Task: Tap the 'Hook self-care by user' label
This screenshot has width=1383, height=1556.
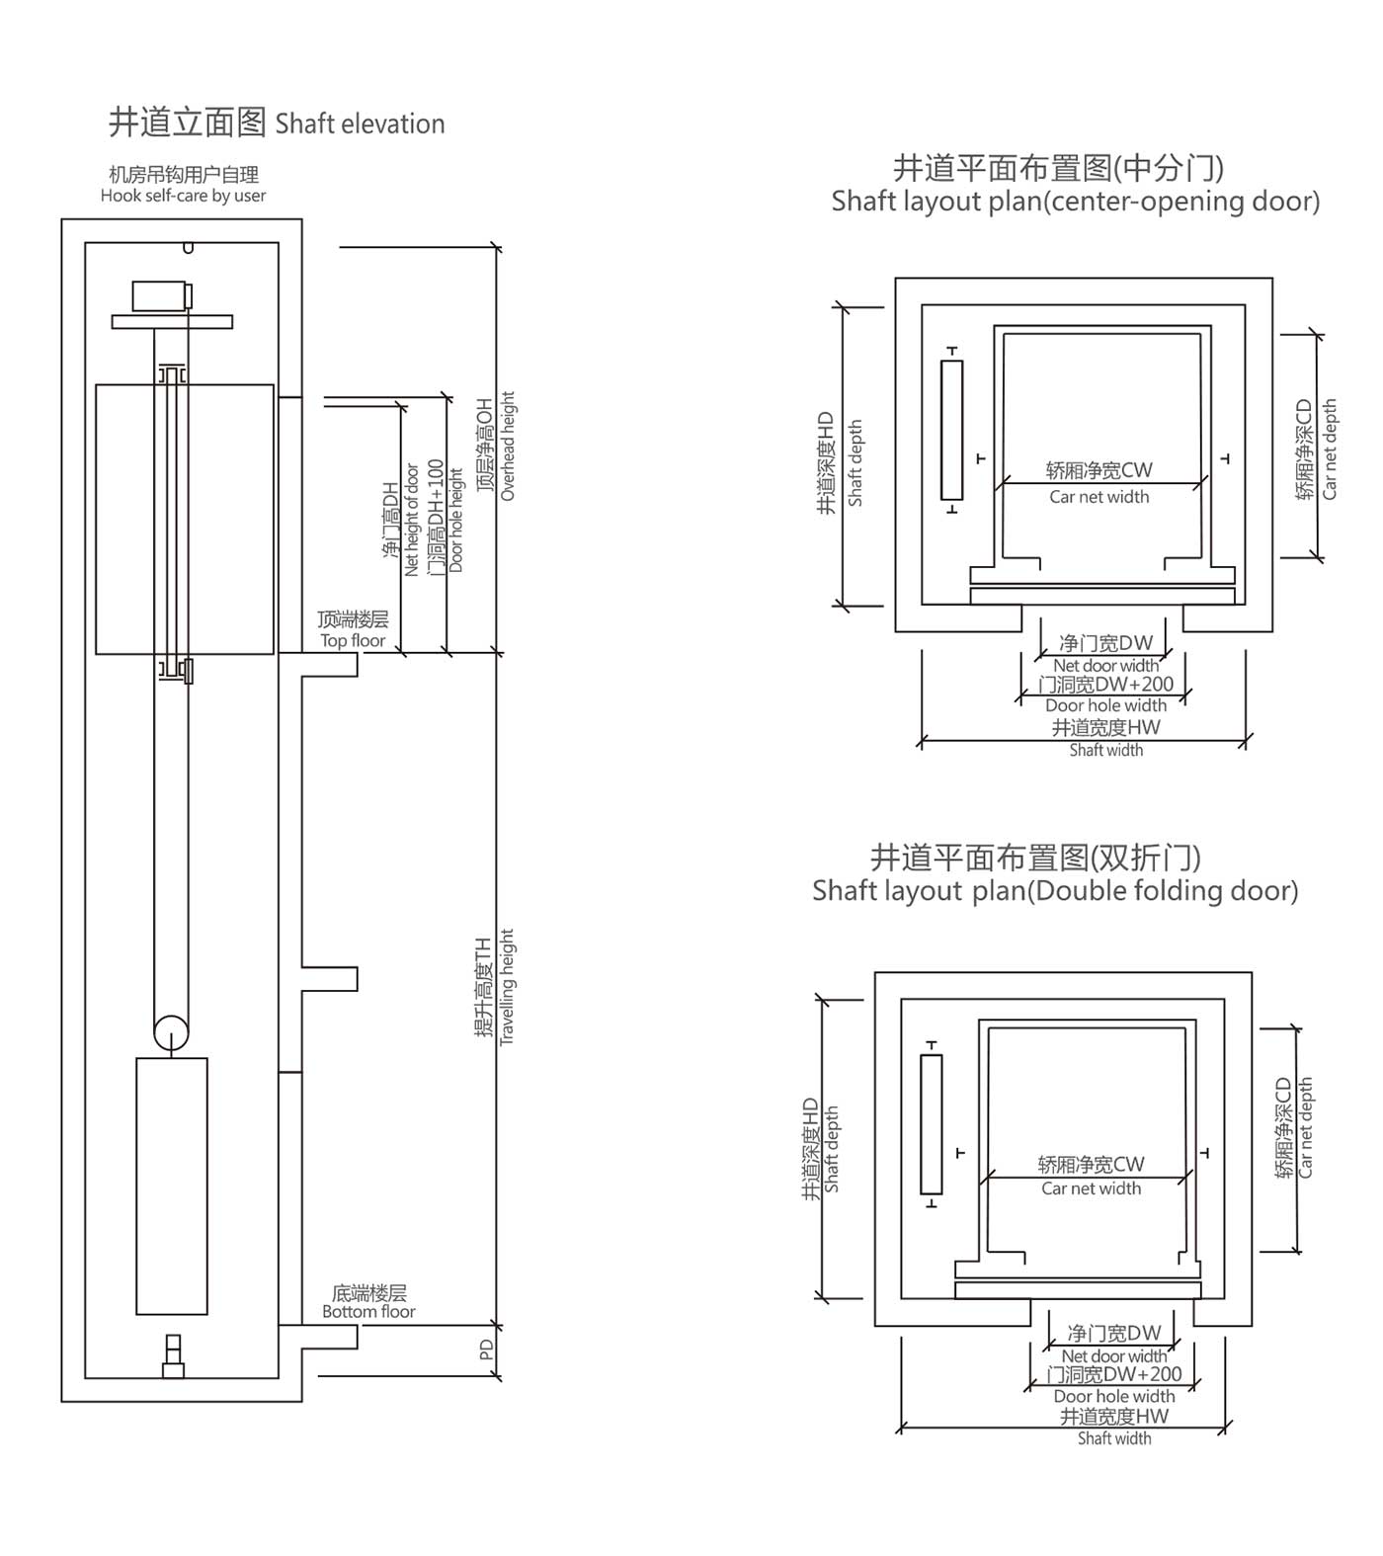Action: click(183, 196)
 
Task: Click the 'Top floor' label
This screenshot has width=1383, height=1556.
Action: click(353, 640)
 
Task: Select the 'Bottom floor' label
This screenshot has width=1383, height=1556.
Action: click(368, 1311)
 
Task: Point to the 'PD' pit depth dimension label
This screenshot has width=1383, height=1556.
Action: click(486, 1350)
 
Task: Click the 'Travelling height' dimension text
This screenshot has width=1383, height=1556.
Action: click(507, 987)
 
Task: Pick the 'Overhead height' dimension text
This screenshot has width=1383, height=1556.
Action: click(508, 447)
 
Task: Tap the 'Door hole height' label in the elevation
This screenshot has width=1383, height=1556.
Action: click(455, 521)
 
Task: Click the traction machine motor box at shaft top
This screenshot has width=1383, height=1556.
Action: click(161, 296)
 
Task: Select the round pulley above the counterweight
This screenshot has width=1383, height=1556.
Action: click(171, 1033)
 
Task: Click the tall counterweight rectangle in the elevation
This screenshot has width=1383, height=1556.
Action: click(171, 1186)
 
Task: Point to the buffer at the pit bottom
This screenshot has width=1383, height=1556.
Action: click(173, 1356)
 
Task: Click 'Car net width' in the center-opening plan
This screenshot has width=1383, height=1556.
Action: click(1098, 497)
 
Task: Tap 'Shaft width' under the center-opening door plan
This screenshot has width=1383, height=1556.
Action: click(1105, 751)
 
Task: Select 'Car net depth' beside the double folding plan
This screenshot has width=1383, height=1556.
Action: click(1306, 1127)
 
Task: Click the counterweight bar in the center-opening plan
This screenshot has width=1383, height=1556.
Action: click(951, 430)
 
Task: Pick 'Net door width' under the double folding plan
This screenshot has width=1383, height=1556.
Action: click(1113, 1356)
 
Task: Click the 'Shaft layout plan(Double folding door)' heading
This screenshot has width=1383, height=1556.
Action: click(1055, 891)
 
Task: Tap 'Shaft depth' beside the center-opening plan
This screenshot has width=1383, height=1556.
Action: click(855, 463)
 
